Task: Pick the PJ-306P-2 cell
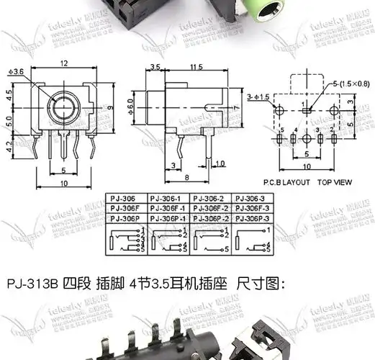point(210,217)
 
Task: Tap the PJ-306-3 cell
point(253,197)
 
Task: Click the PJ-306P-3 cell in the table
point(253,217)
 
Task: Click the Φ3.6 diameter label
point(16,71)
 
